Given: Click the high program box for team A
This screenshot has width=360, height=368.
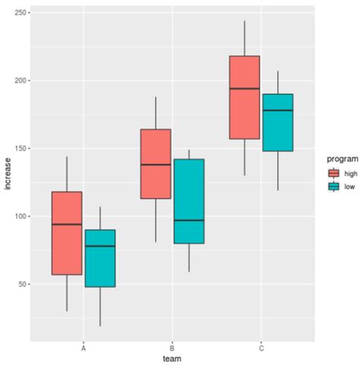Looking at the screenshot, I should [x=67, y=233].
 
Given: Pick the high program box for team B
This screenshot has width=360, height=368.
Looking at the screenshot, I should [x=156, y=163].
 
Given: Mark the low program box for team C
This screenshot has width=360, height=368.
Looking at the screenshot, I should [x=277, y=122].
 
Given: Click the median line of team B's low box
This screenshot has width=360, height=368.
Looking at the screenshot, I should [x=188, y=220].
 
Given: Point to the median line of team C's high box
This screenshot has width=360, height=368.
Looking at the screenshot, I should [x=245, y=89].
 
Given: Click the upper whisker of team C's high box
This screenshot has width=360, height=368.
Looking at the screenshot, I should [x=245, y=38].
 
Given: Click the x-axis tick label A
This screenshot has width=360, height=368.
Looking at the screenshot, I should [x=84, y=347].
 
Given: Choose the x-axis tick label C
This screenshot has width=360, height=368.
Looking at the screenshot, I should [x=261, y=347].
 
